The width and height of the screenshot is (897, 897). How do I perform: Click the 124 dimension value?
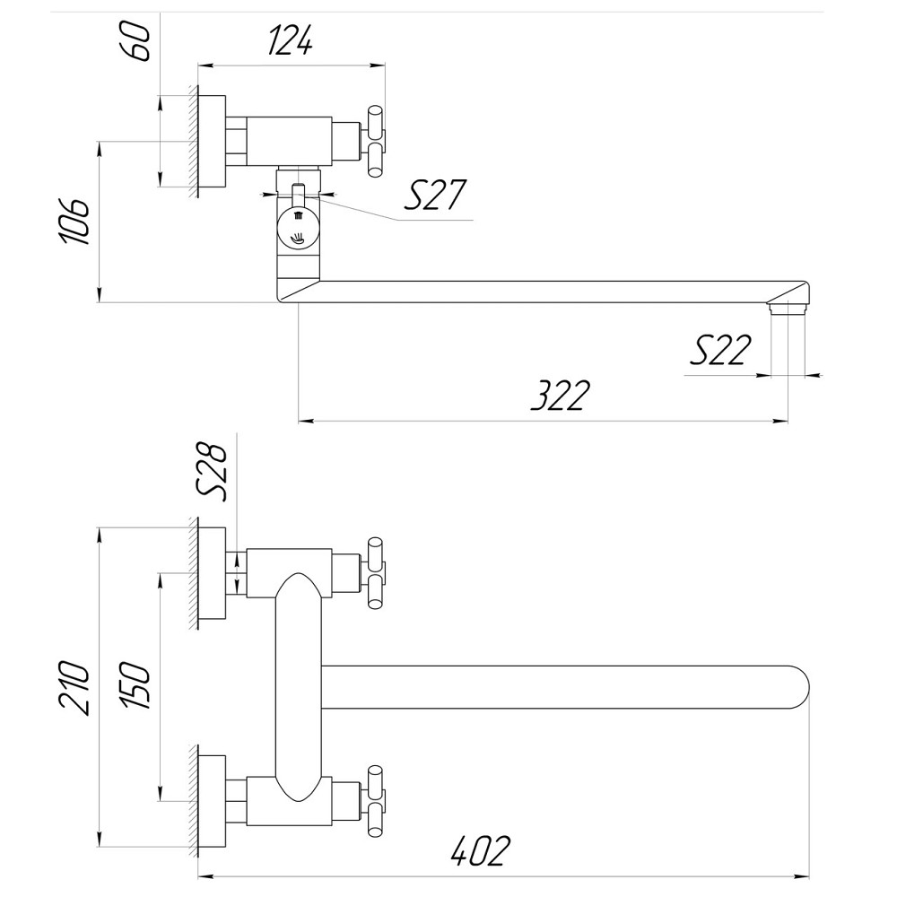[x=289, y=40]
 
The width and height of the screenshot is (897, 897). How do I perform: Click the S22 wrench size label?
[x=718, y=350]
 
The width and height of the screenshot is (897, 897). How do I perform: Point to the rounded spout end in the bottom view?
[x=794, y=686]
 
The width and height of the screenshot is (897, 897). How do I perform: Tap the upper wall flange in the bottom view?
[x=211, y=574]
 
